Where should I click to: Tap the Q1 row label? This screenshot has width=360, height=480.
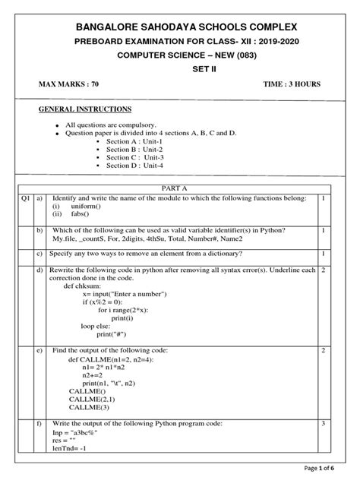(x=26, y=197)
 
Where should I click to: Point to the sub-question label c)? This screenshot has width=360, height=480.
(x=39, y=253)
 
